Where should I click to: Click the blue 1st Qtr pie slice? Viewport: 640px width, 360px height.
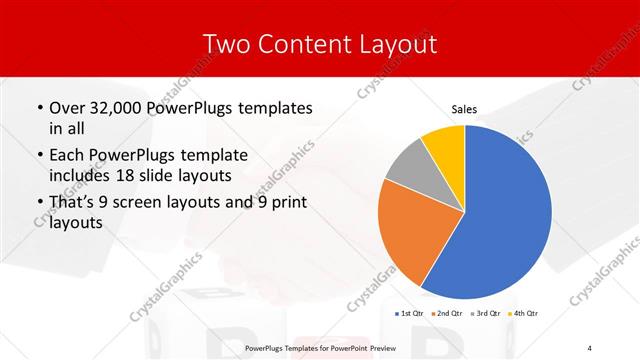[505, 215]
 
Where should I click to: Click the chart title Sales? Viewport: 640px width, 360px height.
[464, 110]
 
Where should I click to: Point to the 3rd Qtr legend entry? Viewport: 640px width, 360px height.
[485, 313]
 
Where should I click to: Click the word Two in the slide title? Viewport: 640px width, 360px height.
[226, 44]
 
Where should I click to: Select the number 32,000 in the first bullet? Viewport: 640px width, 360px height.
[115, 108]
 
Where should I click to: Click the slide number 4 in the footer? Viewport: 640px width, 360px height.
[590, 347]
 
